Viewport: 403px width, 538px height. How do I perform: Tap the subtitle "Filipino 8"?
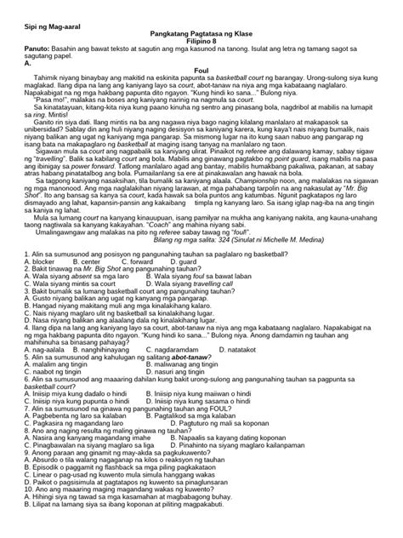[201, 37]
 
